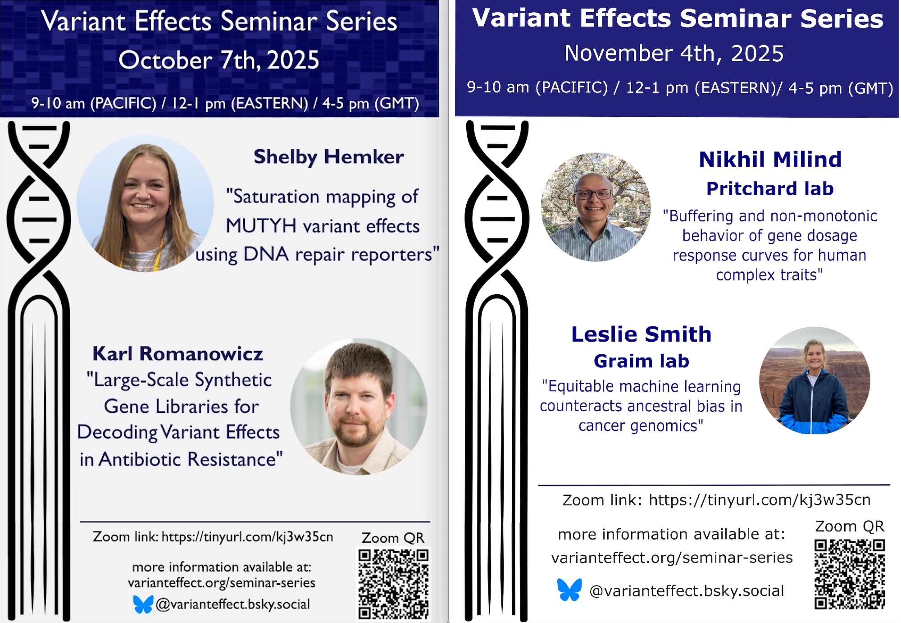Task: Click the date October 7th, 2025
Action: (219, 60)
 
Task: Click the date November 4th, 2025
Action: (674, 53)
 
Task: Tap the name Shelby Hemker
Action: (328, 157)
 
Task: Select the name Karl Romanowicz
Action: (177, 353)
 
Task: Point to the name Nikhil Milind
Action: (770, 159)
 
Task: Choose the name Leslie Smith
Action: (642, 334)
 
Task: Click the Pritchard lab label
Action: (770, 188)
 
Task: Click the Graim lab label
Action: (642, 361)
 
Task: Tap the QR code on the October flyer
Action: (393, 584)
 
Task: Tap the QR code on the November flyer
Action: (850, 574)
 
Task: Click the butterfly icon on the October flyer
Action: (143, 604)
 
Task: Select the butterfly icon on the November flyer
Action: (569, 590)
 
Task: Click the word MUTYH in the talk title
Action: (261, 226)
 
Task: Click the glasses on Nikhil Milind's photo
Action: (594, 195)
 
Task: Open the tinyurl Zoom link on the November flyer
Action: (760, 500)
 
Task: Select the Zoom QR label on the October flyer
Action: (393, 537)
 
